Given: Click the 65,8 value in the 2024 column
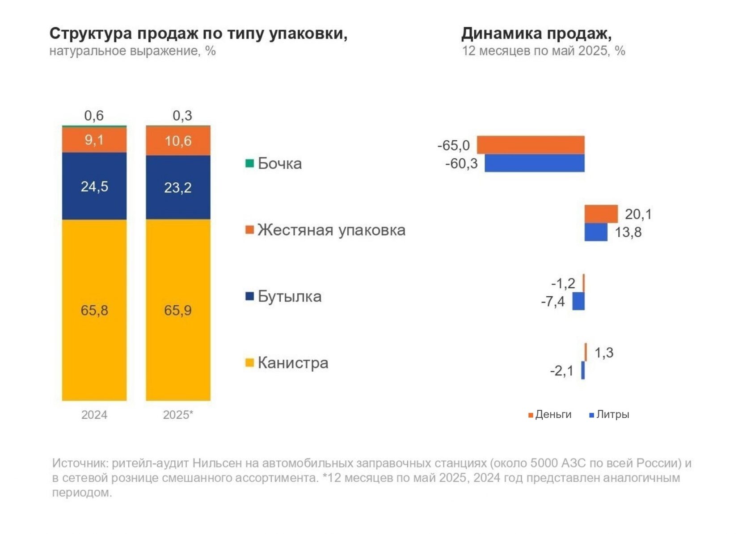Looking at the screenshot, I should click(94, 310).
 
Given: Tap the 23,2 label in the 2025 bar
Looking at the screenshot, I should click(177, 188).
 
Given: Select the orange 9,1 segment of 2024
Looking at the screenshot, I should click(94, 140).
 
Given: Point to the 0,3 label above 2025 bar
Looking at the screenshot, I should click(182, 116).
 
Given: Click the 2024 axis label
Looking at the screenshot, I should click(94, 415).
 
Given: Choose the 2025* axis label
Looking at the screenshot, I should click(178, 415).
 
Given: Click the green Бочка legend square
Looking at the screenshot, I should click(249, 163).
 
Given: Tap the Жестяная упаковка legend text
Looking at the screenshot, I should click(331, 230).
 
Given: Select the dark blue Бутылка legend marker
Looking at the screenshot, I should click(249, 296).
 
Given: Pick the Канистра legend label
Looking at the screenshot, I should click(293, 362).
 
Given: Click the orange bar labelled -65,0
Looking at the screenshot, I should click(530, 145).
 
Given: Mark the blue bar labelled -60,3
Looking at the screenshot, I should click(534, 163).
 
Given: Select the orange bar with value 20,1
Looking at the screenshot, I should click(601, 214).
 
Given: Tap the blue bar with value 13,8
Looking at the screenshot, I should click(595, 232).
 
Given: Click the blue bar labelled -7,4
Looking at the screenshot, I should click(578, 301).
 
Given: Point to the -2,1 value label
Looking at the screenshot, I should click(561, 371).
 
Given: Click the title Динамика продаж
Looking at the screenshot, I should click(536, 34).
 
